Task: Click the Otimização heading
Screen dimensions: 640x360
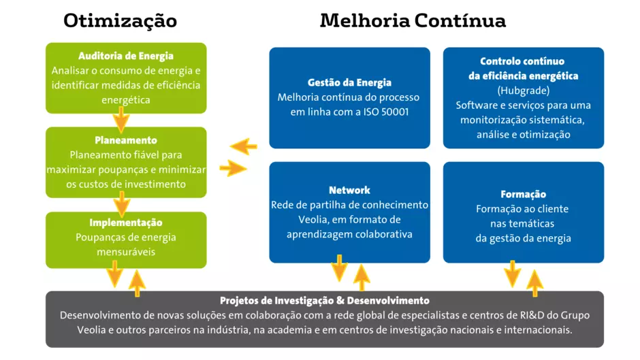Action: tap(120, 21)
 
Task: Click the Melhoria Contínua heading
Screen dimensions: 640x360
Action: tap(413, 20)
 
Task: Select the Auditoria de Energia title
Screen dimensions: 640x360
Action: tap(126, 56)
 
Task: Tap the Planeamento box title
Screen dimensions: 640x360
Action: tap(126, 140)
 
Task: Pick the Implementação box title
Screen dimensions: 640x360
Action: tap(126, 223)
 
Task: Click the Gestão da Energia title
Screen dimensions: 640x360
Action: tap(349, 83)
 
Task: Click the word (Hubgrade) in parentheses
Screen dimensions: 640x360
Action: tap(524, 91)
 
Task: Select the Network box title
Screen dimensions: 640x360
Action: tap(349, 190)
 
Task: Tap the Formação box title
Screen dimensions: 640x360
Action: tap(524, 194)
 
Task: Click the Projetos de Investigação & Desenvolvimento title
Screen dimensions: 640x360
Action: tap(325, 301)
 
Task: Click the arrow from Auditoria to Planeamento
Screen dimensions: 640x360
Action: tap(121, 120)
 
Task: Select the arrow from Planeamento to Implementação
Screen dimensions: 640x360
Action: tap(122, 204)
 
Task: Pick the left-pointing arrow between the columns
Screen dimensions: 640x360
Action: tap(244, 146)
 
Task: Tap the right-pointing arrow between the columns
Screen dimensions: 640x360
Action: tap(233, 168)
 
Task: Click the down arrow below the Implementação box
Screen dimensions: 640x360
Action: tap(114, 274)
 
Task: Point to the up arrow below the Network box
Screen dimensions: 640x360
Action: tap(362, 278)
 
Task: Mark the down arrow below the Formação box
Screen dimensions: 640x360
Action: tap(512, 274)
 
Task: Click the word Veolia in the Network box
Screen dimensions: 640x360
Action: tap(313, 220)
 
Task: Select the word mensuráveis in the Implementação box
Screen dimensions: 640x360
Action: tap(126, 252)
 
